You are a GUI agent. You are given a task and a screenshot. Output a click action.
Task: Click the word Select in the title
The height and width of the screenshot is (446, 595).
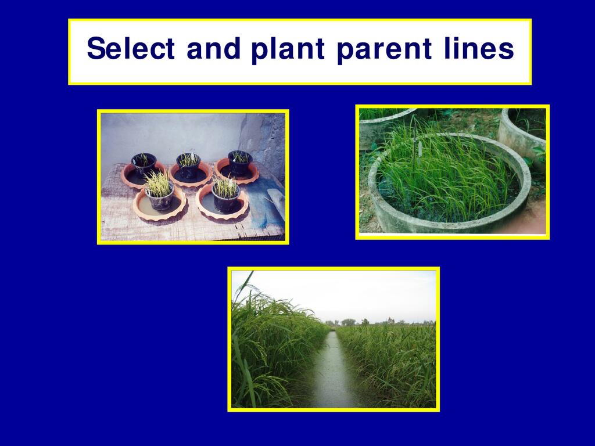point(131,48)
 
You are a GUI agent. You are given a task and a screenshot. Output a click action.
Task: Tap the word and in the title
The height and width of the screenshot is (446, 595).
point(214,48)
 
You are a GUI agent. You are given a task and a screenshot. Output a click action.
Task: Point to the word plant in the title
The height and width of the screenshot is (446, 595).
point(288,50)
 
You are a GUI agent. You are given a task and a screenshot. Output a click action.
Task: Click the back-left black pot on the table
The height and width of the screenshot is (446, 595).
point(144,164)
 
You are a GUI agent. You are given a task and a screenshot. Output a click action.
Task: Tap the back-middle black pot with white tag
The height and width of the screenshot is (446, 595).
point(189,166)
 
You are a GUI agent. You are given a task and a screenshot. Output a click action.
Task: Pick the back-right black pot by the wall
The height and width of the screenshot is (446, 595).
point(240,163)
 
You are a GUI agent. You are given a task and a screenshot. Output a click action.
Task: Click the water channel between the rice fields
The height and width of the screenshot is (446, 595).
point(332,372)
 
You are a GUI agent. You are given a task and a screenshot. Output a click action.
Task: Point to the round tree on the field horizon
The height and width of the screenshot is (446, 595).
point(348,322)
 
